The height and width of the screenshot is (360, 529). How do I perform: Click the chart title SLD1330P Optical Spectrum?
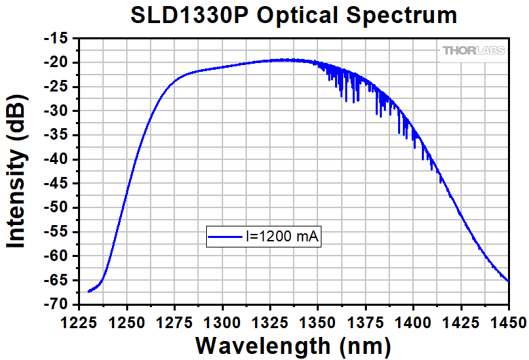click(x=293, y=16)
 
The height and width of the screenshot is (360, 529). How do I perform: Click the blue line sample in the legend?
click(x=226, y=237)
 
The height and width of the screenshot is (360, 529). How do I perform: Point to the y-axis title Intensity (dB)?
click(x=18, y=171)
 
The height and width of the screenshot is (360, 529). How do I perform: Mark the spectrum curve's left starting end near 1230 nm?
click(x=89, y=292)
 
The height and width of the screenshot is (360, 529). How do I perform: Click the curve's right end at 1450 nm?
click(x=508, y=280)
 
